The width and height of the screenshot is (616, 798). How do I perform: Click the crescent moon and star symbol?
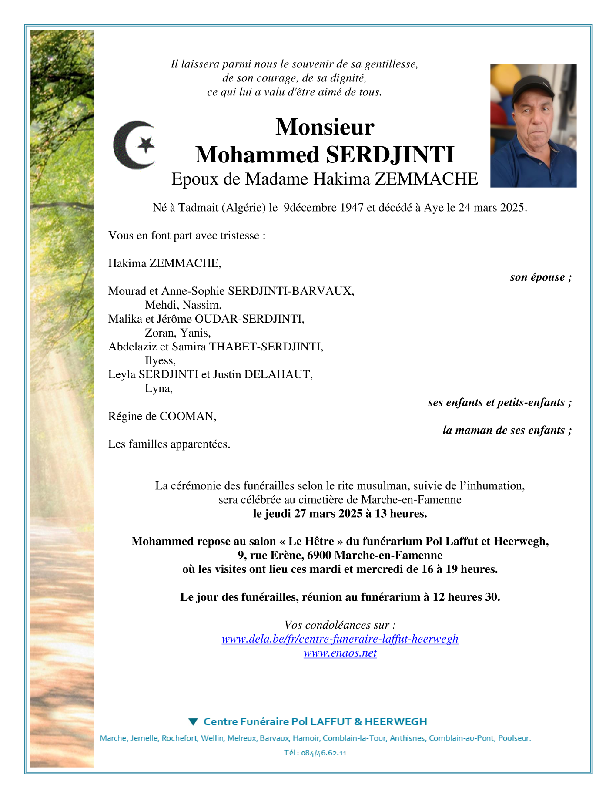coord(134,145)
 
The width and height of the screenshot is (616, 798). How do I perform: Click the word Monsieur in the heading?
coord(325,127)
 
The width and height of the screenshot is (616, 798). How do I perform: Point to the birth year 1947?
coord(352,208)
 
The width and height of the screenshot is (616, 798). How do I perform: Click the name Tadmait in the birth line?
coord(198,208)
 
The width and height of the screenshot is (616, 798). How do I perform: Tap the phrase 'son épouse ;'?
coord(540,277)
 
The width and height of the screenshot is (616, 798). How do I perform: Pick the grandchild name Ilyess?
coord(160,360)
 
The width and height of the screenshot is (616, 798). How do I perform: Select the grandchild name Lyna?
coord(158,388)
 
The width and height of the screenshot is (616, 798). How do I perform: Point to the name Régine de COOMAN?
coord(162,416)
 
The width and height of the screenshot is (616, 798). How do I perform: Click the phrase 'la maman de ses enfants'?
coord(503,430)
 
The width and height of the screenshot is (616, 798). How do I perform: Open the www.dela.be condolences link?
coord(340,639)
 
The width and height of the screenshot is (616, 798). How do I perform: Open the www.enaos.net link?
coord(340,653)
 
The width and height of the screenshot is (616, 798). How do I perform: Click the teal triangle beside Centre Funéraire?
coord(194,721)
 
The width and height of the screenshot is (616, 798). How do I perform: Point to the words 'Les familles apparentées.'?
coord(169,444)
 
